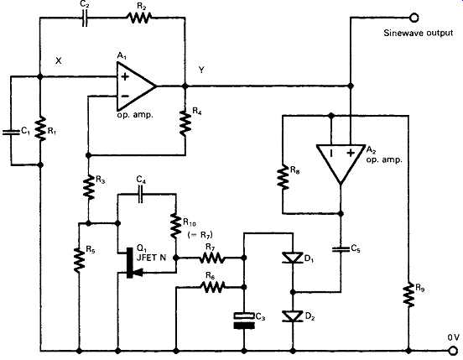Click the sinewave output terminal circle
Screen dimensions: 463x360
[414, 18]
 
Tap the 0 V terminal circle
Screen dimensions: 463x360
[453, 351]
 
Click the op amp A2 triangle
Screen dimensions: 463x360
[341, 163]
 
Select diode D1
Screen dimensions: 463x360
[293, 258]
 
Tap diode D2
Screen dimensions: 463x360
[293, 316]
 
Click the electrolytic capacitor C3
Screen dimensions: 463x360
[244, 321]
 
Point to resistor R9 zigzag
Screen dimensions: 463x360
[408, 295]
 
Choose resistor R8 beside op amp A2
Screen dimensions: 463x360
[283, 177]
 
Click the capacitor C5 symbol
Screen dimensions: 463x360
[341, 249]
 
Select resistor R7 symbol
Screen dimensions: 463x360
[211, 258]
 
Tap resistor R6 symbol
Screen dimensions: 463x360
[213, 286]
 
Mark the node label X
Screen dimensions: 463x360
[59, 60]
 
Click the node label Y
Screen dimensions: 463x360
[201, 70]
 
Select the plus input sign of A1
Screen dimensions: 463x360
[125, 77]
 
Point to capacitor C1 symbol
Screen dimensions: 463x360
[11, 132]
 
